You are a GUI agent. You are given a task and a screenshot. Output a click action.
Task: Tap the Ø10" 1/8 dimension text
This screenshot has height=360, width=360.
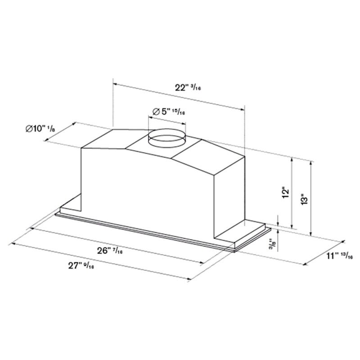pos(40,129)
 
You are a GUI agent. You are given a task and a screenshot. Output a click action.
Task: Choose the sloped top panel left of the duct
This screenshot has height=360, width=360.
pos(112,139)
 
